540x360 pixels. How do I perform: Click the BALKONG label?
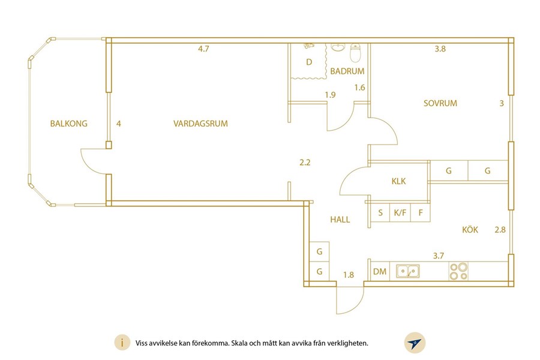click(x=69, y=124)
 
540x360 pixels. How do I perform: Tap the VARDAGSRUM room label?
click(x=200, y=124)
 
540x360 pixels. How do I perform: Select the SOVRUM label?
click(x=440, y=103)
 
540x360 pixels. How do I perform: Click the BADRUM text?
click(x=347, y=71)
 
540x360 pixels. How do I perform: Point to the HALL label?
click(x=340, y=220)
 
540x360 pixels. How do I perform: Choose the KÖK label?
click(x=470, y=229)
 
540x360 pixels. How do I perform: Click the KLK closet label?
click(x=398, y=181)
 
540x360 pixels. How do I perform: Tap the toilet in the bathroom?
click(x=355, y=52)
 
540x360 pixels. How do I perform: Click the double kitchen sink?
click(x=408, y=271)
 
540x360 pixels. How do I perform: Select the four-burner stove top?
click(x=459, y=271)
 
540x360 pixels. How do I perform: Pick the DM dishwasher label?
click(x=380, y=272)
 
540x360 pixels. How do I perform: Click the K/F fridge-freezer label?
click(x=400, y=213)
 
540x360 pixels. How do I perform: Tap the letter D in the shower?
click(x=309, y=62)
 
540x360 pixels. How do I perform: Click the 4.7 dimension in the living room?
click(x=203, y=49)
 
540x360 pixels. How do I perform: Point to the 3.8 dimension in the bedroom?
click(x=440, y=49)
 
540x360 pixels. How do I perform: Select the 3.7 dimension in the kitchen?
click(x=439, y=256)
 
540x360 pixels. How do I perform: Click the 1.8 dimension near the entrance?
click(x=349, y=275)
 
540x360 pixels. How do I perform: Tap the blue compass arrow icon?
click(x=415, y=343)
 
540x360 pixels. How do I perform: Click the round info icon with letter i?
click(x=122, y=343)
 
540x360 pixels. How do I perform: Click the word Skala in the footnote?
click(x=239, y=343)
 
